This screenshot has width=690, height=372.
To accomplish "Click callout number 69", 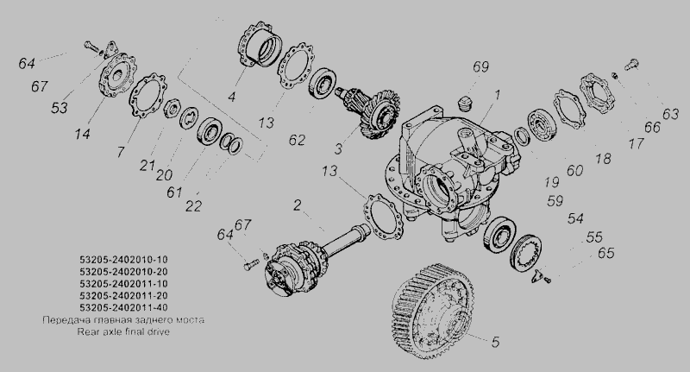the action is coord(480,67).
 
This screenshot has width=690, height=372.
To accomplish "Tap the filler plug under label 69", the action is coord(464,104).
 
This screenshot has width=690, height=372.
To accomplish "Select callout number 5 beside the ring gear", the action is coord(495,342).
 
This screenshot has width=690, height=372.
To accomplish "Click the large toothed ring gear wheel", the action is coord(433,311).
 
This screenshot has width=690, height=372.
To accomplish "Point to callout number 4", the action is coord(232,97).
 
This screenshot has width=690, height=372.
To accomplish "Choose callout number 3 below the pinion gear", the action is coord(338,148).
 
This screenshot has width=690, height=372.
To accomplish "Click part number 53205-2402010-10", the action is coord(123,260).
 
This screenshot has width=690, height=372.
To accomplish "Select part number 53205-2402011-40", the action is coord(123,307).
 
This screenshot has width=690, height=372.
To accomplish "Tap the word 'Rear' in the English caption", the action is coord(88,331).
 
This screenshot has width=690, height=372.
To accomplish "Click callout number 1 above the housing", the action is coord(497,95).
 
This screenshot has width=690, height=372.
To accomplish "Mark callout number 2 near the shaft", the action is coord(298,205).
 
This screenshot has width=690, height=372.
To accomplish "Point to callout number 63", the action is coord(670,114).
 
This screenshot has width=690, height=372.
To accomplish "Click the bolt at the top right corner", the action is coord(631,65).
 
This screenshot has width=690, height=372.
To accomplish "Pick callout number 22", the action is coord(193,206).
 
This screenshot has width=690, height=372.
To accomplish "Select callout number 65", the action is coord(605,253).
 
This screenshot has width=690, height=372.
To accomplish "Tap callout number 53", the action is coord(60,108).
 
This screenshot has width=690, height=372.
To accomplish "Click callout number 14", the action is coord(82,134).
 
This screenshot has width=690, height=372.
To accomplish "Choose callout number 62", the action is coord(297,140).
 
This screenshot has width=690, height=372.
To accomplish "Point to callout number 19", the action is coord(551,182).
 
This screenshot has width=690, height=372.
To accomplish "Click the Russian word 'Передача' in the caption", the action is coord(60,320).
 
